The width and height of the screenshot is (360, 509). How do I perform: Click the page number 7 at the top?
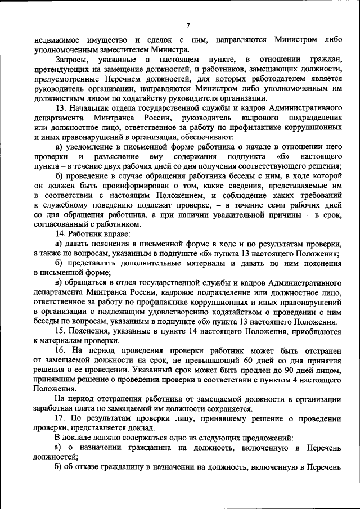tap(188, 25)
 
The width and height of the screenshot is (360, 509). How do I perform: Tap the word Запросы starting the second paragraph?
tap(74, 59)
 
